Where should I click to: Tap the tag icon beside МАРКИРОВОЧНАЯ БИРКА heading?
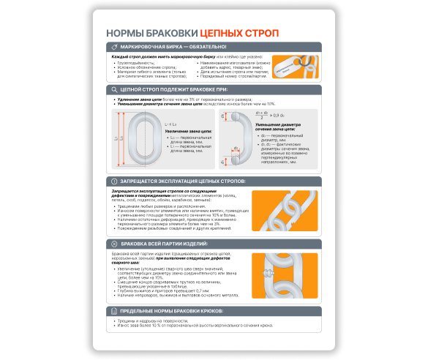pos(115,48)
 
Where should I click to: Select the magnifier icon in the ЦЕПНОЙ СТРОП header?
pos(115,90)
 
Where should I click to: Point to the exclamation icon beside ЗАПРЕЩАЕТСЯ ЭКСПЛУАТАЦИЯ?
pos(115,181)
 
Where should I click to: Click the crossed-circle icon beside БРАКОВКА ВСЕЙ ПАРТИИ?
pos(115,243)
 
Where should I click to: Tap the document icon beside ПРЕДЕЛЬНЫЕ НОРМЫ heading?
pos(115,311)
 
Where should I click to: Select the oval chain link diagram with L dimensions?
pos(141,138)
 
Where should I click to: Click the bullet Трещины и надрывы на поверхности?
pos(157,321)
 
